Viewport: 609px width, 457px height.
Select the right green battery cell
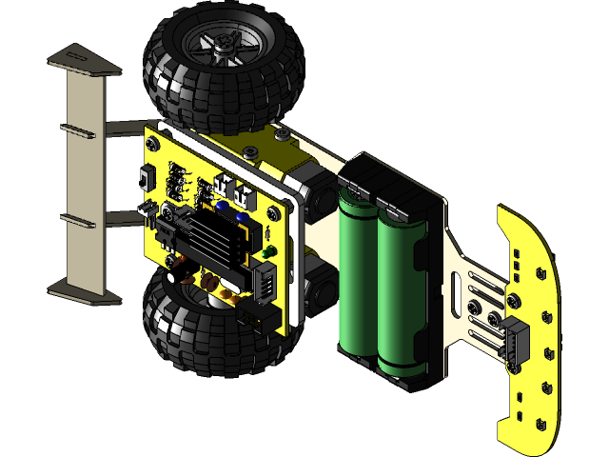click(400, 286)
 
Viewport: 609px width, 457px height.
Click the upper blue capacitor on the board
click(221, 205)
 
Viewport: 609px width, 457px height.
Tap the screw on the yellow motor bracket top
click(280, 134)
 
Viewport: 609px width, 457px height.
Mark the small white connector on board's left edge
click(147, 207)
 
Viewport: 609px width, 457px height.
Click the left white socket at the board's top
click(225, 183)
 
